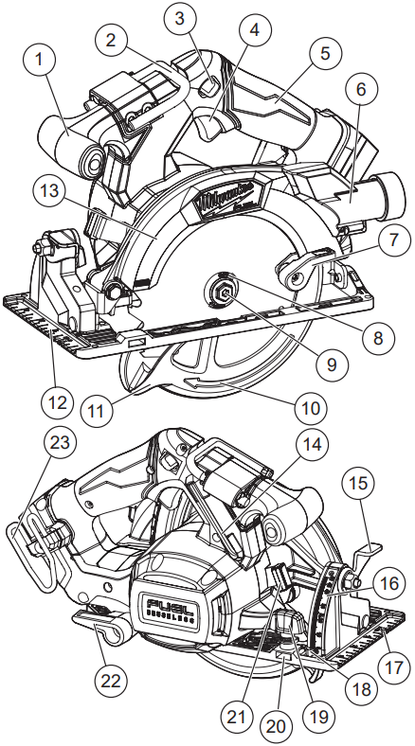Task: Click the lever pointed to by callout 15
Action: coord(366,554)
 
